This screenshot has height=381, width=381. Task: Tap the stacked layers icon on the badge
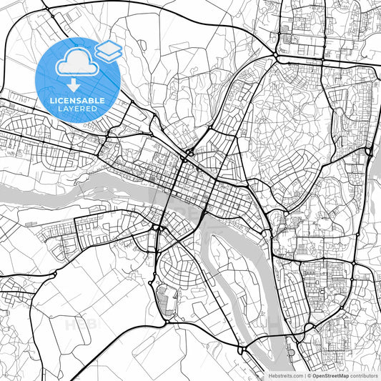109,49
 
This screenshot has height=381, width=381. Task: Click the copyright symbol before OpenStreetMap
308,375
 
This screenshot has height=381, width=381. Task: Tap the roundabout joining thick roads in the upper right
276,56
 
